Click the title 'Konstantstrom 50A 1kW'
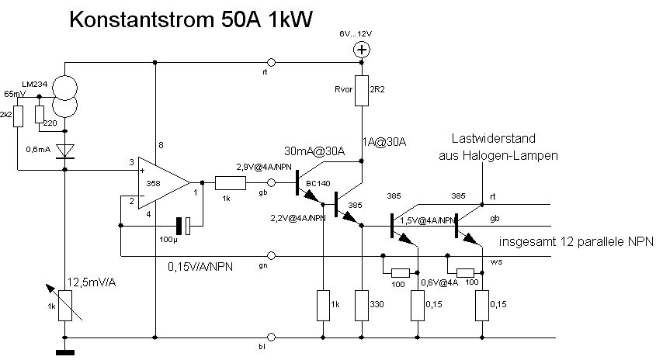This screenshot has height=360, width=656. pos(191,21)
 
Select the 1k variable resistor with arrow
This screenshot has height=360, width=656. pos(65,302)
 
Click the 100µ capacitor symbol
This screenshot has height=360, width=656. pos(182,226)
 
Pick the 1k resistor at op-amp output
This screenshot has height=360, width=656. pos(230,183)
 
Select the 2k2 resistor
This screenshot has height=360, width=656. pos(19,116)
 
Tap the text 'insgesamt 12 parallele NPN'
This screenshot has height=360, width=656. pos(576,241)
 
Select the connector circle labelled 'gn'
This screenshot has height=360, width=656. pos(271,254)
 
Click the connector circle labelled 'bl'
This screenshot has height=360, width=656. pos(271,337)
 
